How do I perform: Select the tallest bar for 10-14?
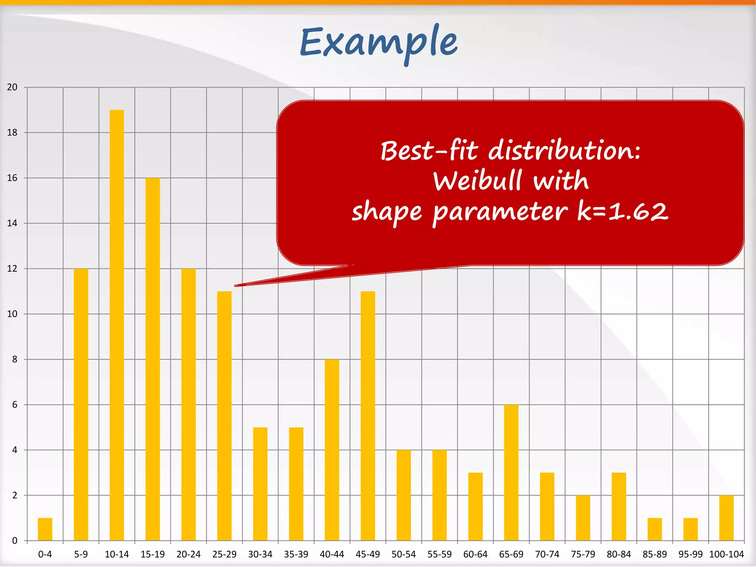117,325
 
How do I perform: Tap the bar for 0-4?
45,529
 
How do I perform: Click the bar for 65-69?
511,472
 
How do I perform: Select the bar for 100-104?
726,518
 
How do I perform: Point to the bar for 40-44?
332,450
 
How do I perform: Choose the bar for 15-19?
152,359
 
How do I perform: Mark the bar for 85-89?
654,529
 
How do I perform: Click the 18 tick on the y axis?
12,133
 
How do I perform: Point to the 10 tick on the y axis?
12,314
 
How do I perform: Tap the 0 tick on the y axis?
15,541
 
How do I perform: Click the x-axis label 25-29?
224,554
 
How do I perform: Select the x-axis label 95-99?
690,554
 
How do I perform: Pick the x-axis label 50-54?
403,554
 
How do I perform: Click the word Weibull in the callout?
477,181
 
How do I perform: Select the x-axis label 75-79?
583,554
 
